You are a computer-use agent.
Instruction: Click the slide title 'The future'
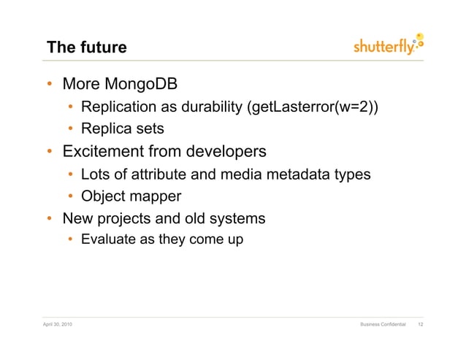[86, 48]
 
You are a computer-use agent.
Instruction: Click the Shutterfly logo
[388, 46]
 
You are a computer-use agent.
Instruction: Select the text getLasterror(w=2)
[313, 108]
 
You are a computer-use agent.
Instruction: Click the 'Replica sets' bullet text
[122, 129]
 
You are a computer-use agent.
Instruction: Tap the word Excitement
[103, 152]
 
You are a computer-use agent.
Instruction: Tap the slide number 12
[419, 323]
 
